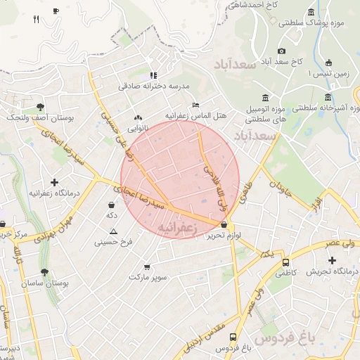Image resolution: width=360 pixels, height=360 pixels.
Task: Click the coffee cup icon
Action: pos(56,11)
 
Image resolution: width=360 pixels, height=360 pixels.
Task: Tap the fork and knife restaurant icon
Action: pos(37,20)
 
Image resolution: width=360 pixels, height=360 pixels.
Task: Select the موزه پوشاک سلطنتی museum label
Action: pos(326,22)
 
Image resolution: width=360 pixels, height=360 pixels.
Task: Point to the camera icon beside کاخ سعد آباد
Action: pos(281,51)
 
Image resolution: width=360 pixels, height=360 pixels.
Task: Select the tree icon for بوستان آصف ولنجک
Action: pos(40,107)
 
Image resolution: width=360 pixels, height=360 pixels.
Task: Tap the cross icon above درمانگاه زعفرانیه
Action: pos(54,182)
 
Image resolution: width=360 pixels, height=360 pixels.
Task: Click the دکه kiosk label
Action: pos(111,214)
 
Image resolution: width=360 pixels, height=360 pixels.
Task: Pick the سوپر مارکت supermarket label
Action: pos(148,277)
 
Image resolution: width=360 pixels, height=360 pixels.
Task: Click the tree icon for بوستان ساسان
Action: pos(45,272)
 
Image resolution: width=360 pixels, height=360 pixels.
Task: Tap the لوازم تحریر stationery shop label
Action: pos(224,236)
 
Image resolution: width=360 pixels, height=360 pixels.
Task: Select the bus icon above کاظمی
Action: pos(285,262)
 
